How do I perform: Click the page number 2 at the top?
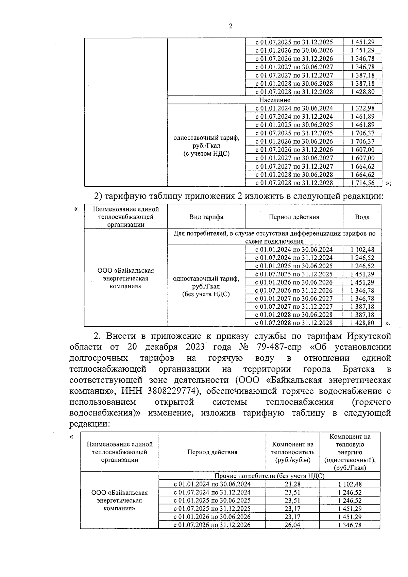(231, 26)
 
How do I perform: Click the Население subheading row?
(274, 100)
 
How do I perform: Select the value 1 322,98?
(362, 108)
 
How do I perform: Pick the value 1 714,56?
(362, 183)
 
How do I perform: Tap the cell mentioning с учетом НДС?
(206, 146)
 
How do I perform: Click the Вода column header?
(362, 217)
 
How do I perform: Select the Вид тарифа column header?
(206, 217)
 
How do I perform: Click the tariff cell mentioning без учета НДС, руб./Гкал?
(206, 286)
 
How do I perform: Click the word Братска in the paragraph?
(359, 369)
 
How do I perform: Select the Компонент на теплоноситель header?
(292, 452)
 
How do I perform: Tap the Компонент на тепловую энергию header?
(350, 452)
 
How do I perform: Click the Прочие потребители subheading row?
(269, 476)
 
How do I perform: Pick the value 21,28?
(292, 484)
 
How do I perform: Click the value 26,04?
(292, 525)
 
